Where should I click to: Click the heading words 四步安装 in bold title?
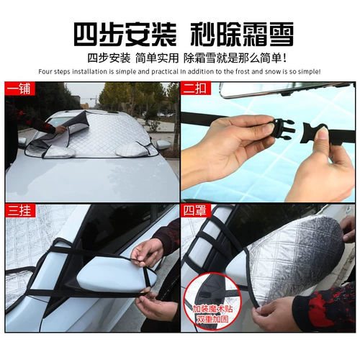117,33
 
